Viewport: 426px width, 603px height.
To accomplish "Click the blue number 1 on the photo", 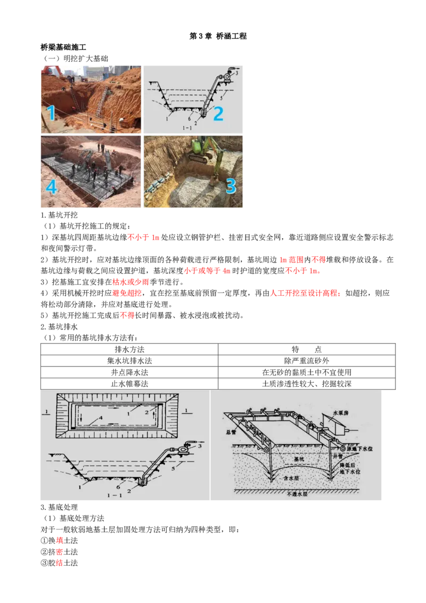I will [x=51, y=113].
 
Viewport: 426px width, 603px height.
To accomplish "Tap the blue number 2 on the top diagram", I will [x=218, y=113].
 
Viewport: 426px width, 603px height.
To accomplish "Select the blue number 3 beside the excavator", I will [x=231, y=186].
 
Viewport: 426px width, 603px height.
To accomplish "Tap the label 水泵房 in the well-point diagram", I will [x=341, y=412].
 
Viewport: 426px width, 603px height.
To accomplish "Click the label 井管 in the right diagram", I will [x=347, y=456].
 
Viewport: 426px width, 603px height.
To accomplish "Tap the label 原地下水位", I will [x=359, y=449].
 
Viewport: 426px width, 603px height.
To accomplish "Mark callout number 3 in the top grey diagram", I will [x=236, y=72].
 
